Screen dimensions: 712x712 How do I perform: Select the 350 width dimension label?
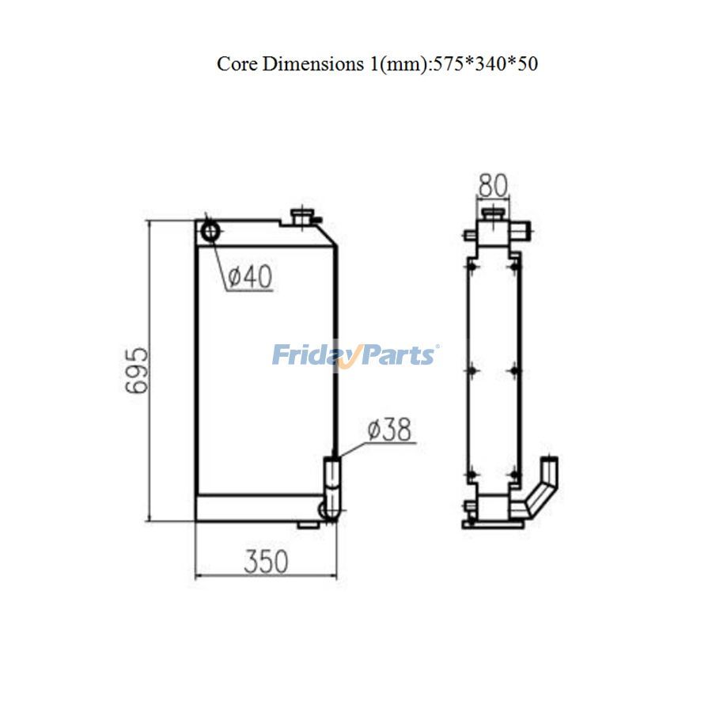click(266, 562)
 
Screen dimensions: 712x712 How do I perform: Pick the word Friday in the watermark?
click(308, 354)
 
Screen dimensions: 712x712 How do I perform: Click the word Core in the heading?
click(235, 64)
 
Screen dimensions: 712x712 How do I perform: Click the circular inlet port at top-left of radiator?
click(211, 231)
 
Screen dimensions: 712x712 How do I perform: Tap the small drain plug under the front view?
click(305, 524)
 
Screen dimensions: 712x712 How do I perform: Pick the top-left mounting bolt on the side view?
click(472, 267)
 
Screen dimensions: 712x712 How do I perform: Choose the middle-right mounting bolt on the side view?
click(515, 369)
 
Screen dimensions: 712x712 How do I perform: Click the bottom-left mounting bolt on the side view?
click(472, 475)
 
